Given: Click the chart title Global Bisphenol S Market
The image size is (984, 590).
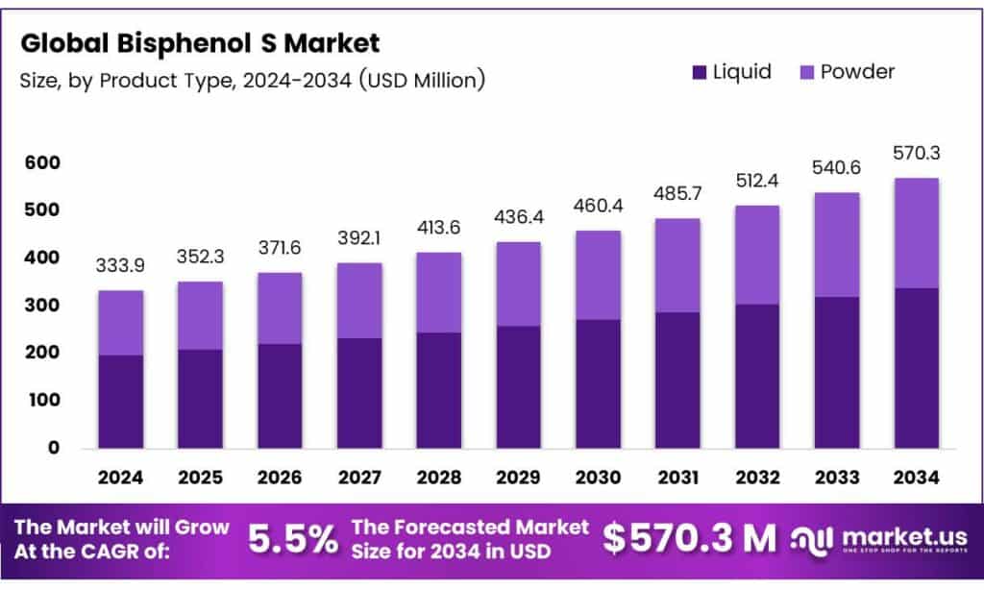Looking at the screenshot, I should pyautogui.click(x=200, y=43).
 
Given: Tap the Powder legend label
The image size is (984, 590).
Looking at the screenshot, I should pyautogui.click(x=857, y=72).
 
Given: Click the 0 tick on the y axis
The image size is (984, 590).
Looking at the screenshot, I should pyautogui.click(x=54, y=448).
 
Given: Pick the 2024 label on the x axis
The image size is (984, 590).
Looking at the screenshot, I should pyautogui.click(x=120, y=477).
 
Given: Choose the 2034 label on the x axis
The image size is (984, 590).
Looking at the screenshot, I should pyautogui.click(x=916, y=477).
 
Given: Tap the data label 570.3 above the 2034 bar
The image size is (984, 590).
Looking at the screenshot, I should pyautogui.click(x=916, y=155).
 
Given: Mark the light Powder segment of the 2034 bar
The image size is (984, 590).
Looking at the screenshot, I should pyautogui.click(x=916, y=233).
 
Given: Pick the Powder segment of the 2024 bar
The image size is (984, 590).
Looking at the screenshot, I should pyautogui.click(x=120, y=323).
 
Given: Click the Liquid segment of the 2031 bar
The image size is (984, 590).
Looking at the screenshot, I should pyautogui.click(x=677, y=380).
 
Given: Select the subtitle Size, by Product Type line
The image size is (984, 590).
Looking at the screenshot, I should pyautogui.click(x=252, y=81).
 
